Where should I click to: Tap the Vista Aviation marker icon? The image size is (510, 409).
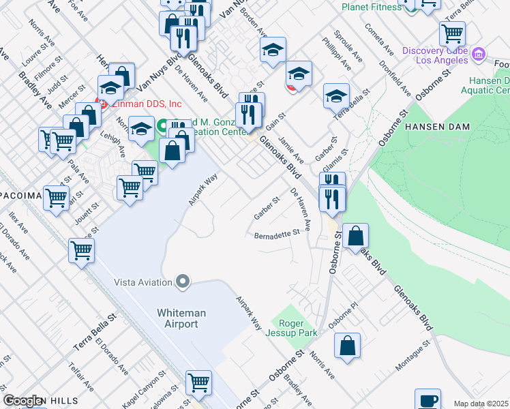[182, 281]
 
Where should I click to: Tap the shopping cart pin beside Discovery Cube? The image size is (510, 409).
[452, 32]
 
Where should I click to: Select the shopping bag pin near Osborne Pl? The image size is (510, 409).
[348, 344]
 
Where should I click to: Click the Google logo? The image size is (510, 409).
[23, 401]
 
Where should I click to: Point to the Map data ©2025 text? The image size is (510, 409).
[481, 404]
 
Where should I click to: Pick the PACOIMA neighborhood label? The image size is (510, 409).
[20, 196]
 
